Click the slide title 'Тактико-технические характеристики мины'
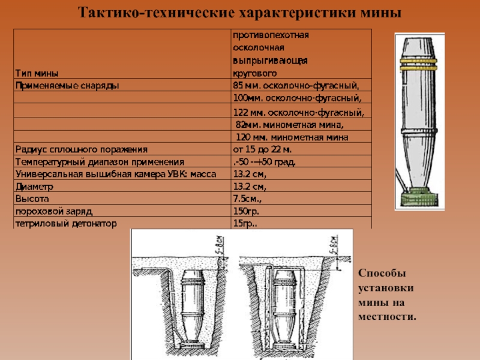pos(240,13)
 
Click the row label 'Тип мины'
pos(36,74)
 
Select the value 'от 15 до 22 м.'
pos(262,149)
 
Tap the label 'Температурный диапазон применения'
pos(100,162)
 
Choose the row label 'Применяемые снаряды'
pos(67,85)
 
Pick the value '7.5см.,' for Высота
pos(248,199)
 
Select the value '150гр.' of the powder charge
pos(247,211)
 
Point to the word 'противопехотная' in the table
pos(271,35)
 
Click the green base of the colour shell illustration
pos(419,199)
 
